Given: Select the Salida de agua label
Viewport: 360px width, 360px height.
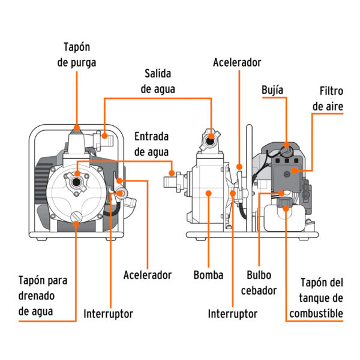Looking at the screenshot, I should coord(157,80).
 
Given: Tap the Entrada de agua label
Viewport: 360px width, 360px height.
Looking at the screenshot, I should coord(151,144).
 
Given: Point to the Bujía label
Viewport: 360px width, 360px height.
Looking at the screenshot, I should coord(272,90).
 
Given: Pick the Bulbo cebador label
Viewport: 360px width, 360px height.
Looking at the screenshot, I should coord(260,283).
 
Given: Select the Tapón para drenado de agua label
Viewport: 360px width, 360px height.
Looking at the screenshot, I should coord(43,295).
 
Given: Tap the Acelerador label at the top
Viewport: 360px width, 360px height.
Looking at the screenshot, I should coord(237,62).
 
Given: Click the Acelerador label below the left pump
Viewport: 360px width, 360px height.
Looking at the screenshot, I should coord(148,275).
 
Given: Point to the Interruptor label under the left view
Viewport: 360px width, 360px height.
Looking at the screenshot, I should coord(108,313).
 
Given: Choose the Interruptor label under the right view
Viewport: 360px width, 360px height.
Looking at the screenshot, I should coord(232,313).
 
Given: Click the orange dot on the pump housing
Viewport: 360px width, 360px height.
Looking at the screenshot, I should coord(208,193).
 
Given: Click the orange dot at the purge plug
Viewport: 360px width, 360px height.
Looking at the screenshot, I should coord(76,128).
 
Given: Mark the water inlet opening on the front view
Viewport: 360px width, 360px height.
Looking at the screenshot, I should coord(77,181).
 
